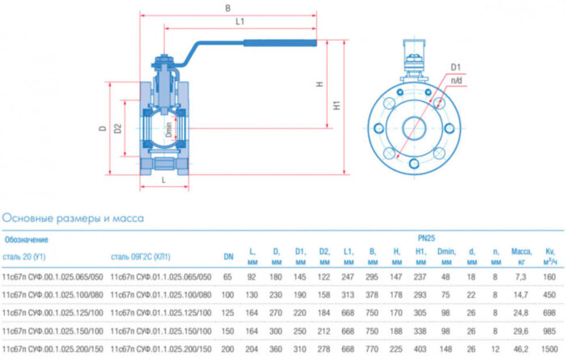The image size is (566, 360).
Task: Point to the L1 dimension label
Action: (239, 22)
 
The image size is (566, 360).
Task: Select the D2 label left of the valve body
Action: (118, 127)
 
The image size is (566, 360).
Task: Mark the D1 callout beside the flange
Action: (455, 66)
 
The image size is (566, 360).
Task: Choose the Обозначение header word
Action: (27, 239)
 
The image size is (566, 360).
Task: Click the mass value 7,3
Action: (521, 277)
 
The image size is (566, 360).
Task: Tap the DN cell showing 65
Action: (228, 277)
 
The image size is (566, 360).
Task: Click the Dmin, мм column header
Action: (446, 257)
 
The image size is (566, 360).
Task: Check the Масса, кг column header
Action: (521, 257)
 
